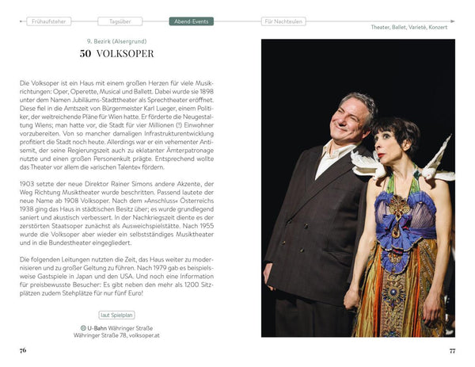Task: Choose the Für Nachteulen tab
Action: pos(279,22)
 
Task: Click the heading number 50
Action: pos(87,54)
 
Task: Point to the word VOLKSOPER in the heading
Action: pos(126,54)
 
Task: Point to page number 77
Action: pos(452,350)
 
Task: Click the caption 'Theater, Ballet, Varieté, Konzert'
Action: pos(408,28)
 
